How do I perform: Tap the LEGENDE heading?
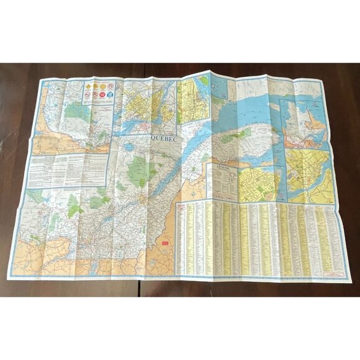[223, 168]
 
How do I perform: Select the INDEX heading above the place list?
[182, 204]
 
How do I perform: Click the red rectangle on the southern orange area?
[166, 242]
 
